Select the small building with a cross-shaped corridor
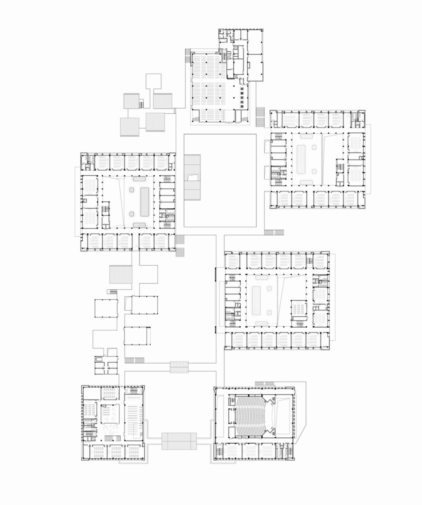click(106, 365)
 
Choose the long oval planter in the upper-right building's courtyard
click(301, 159)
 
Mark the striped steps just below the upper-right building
click(274, 232)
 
